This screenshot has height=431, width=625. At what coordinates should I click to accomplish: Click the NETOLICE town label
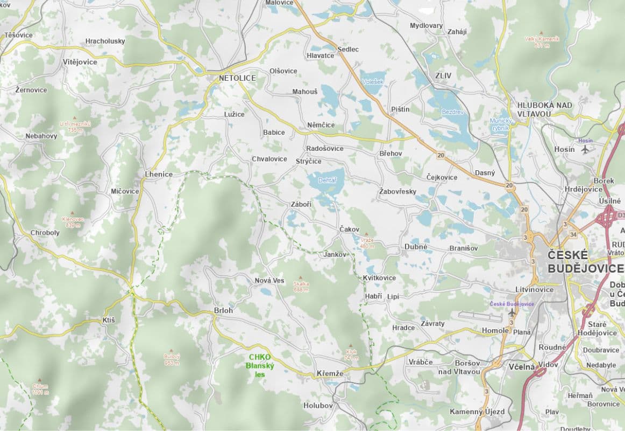point(237,78)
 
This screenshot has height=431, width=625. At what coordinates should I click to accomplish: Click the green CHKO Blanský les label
point(260,366)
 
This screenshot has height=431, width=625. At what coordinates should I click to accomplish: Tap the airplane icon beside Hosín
point(585,149)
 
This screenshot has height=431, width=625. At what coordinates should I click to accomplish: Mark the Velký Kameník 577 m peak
point(542,41)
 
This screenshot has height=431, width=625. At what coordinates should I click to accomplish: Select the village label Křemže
point(330,373)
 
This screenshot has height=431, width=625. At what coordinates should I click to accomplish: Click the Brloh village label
point(223,310)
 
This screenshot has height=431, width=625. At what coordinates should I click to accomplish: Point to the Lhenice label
point(159,174)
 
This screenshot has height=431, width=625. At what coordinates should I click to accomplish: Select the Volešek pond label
point(372,82)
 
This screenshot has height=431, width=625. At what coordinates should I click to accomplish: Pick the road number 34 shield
point(573,234)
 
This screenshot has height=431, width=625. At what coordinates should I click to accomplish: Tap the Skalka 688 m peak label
point(301,286)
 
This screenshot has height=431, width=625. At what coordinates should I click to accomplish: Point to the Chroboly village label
point(45,233)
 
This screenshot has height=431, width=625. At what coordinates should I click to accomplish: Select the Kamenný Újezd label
point(477,412)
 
